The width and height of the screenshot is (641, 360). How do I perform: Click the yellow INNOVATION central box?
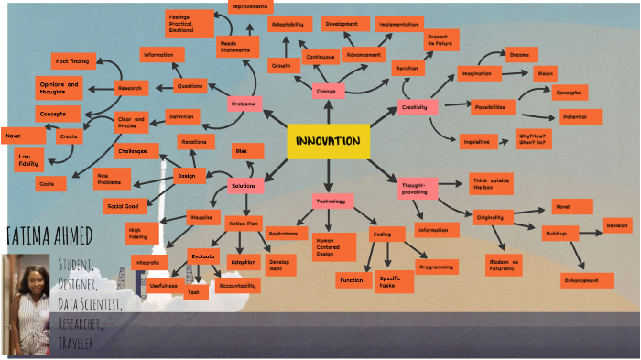click(x=328, y=140)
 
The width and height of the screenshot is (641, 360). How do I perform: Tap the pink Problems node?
click(x=244, y=104)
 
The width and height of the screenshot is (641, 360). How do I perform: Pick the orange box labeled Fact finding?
click(x=72, y=61)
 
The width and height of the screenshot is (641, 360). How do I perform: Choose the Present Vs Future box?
click(x=440, y=39)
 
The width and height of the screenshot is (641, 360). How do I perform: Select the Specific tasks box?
click(x=390, y=281)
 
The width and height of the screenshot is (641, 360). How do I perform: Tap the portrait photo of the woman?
click(x=26, y=303)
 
